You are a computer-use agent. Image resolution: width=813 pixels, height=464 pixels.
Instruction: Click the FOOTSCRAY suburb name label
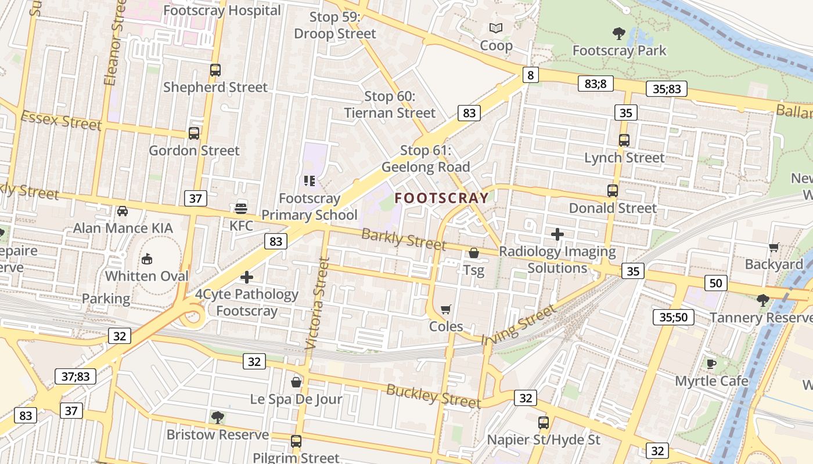point(442,198)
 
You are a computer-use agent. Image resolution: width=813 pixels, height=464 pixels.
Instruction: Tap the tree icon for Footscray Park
point(619,33)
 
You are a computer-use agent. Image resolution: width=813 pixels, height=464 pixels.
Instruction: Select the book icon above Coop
point(495,28)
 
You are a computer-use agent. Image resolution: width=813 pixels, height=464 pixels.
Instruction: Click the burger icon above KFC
point(241,208)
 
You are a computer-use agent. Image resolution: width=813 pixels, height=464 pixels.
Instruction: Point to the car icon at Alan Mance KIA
point(123,211)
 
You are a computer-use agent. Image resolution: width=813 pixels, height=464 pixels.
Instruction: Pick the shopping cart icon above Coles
point(445,309)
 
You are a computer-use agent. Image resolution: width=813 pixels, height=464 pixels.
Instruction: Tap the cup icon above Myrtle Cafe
point(711,364)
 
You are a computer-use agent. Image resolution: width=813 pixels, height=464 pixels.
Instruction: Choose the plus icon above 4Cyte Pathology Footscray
point(247,277)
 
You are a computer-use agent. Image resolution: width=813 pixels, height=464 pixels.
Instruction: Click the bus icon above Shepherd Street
point(215,70)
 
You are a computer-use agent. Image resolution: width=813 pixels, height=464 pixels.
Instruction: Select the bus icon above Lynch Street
point(624,140)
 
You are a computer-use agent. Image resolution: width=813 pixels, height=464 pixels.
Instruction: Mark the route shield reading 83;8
point(595,84)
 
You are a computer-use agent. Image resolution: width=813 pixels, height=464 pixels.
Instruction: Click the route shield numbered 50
point(715,283)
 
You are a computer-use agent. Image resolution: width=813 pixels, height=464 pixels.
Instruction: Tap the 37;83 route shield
point(75,376)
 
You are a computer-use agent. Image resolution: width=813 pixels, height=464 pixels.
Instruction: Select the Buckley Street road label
point(433,396)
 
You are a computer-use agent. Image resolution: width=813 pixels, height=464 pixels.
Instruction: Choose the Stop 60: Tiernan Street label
point(389,104)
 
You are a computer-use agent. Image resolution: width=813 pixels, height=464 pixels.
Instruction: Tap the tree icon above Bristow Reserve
point(218,417)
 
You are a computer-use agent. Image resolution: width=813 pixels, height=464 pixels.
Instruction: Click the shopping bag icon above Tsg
point(474,253)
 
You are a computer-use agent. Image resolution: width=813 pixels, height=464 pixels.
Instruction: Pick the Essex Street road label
point(61,121)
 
